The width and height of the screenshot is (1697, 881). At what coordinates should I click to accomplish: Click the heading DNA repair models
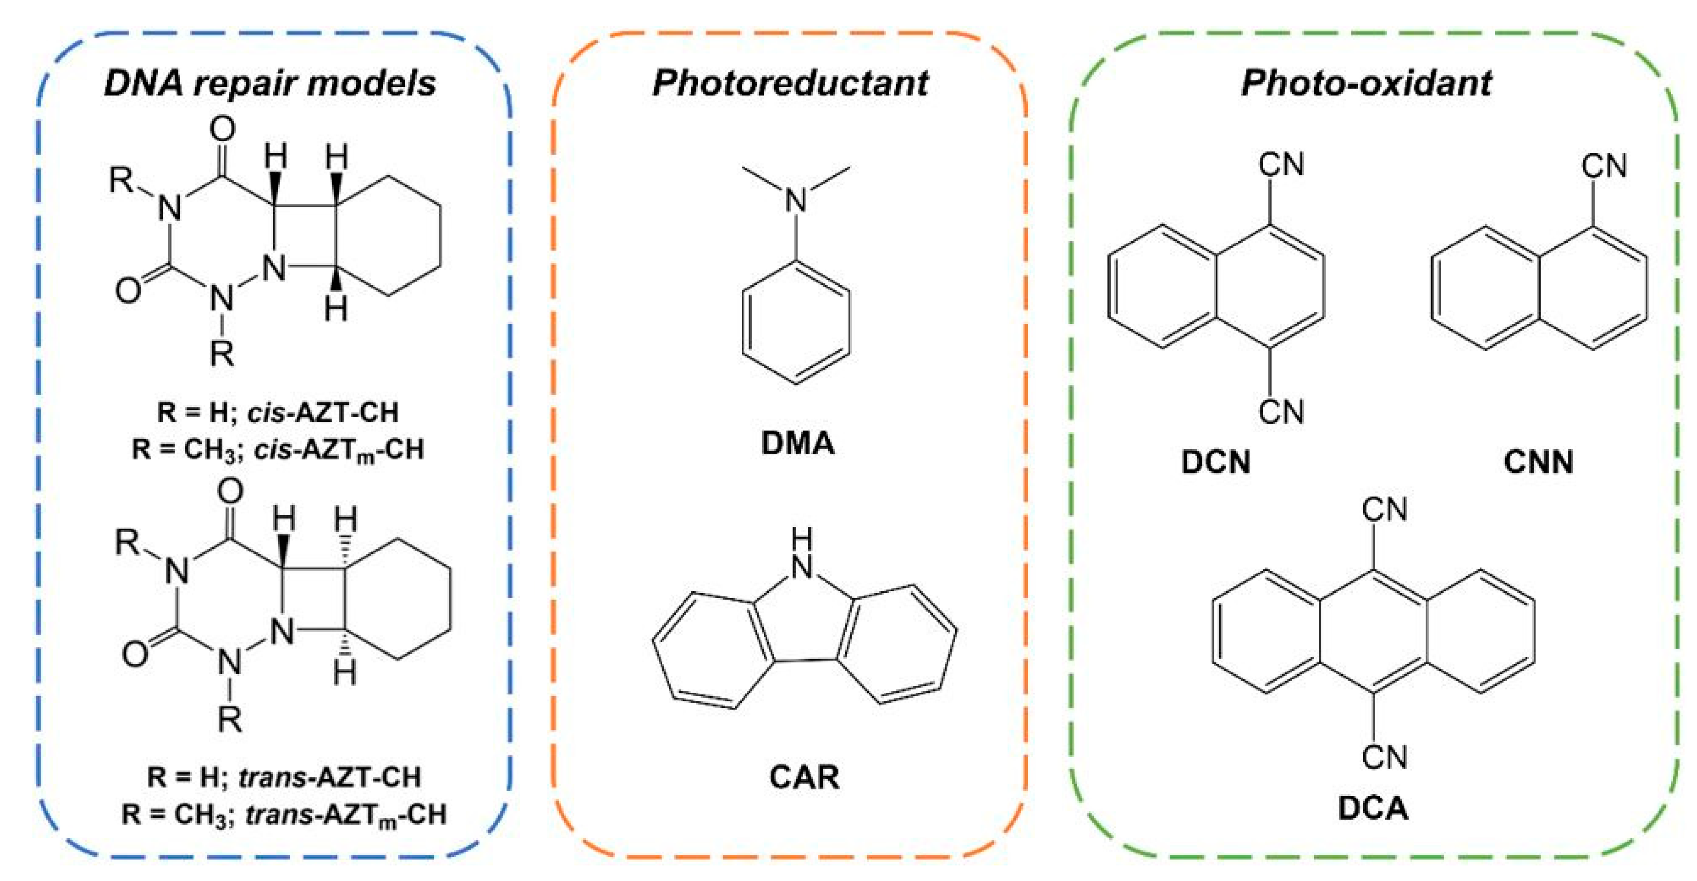270,84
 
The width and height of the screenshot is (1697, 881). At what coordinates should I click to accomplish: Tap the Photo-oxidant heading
1366,84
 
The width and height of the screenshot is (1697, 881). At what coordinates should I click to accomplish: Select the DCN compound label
1215,462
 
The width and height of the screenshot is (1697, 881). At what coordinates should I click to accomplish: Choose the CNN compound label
1539,462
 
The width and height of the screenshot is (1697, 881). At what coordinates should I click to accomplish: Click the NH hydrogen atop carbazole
802,540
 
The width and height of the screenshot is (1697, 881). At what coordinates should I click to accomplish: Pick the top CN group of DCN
1281,165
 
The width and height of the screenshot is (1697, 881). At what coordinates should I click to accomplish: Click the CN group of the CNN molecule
1604,166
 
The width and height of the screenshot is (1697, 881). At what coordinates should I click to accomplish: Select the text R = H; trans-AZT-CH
284,777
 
